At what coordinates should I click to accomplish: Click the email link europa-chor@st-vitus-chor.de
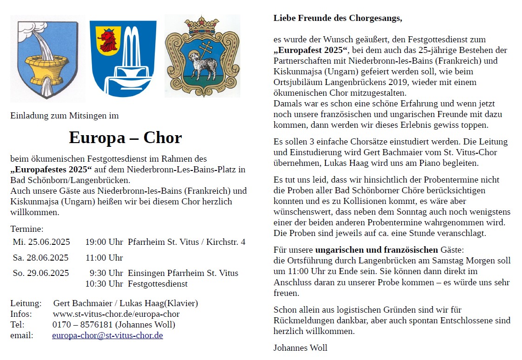click(107, 335)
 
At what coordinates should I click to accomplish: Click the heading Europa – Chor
click(125, 138)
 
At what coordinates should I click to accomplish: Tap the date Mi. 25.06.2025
click(41, 242)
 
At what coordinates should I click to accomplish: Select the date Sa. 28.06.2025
click(40, 258)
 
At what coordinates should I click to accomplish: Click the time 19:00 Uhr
click(104, 242)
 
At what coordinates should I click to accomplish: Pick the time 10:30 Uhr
click(104, 284)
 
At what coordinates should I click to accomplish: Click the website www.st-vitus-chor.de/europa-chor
click(116, 314)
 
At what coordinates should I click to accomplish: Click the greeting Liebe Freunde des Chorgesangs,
click(337, 19)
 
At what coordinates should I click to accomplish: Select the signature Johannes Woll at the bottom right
click(300, 347)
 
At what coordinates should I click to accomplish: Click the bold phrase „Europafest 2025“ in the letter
click(311, 50)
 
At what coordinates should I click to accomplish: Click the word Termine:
click(27, 229)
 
